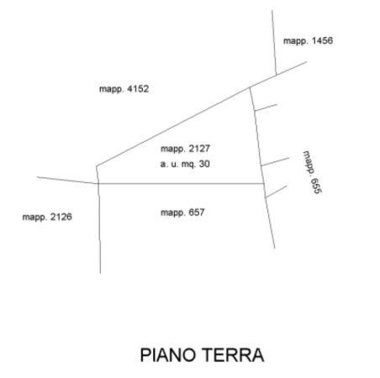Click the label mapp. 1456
pos(308,41)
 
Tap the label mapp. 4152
pos(124,89)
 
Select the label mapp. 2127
pos(185,149)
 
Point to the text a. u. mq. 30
pos(185,164)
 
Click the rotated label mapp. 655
pos(313,172)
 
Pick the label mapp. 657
pos(182,213)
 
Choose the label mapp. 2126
pos(47,217)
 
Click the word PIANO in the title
pos(167,355)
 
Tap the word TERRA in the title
pos(233,355)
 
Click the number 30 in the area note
pos(204,164)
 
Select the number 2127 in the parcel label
pos(199,149)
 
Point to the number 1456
pos(322,41)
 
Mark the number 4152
pos(138,89)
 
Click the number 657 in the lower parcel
pos(197,213)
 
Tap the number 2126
pos(61,217)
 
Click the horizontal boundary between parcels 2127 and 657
pos(181,184)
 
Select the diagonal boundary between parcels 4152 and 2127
pos(173,127)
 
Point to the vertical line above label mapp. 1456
pos(274,43)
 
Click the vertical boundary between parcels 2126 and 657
pos(99,228)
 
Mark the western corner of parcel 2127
pos(97,166)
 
